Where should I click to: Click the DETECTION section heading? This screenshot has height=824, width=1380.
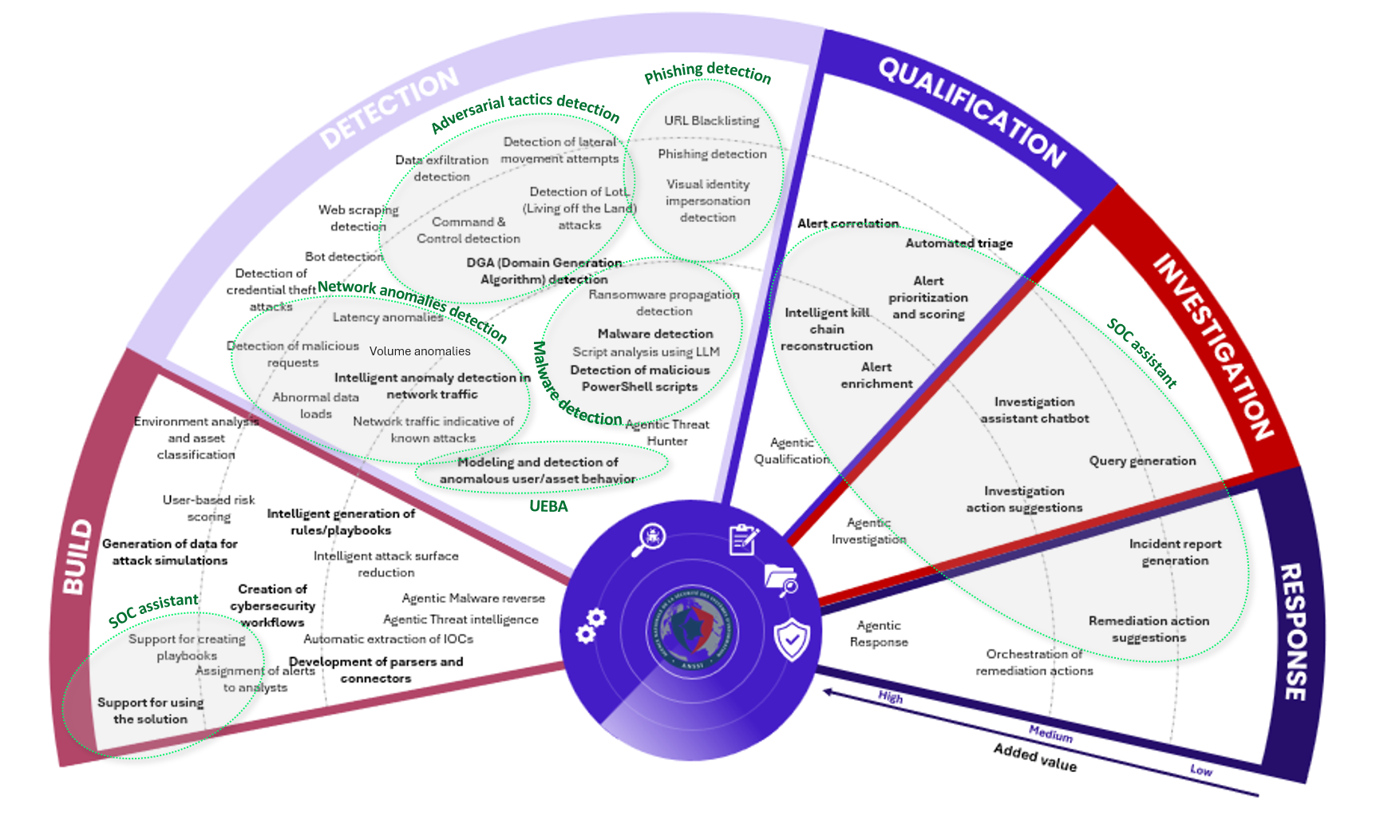tap(389, 108)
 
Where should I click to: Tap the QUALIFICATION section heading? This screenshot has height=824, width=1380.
tap(971, 112)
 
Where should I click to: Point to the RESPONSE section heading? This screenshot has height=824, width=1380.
tap(1295, 632)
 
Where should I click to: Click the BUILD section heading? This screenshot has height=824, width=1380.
tap(77, 557)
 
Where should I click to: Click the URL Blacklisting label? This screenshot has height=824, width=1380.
tap(711, 121)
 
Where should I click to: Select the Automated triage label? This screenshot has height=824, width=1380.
tap(959, 243)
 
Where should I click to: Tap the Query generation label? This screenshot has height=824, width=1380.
tap(1142, 461)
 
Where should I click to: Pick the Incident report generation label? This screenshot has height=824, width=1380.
tap(1175, 552)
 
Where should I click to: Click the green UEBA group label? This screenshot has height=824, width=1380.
tap(548, 506)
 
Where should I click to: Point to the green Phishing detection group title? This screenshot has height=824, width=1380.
tap(707, 73)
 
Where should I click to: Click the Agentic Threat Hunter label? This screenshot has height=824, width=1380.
tap(667, 433)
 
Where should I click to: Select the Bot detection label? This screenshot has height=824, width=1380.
tap(344, 256)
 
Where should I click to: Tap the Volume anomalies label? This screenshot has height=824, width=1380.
tap(420, 351)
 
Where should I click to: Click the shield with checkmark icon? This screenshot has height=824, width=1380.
tap(792, 639)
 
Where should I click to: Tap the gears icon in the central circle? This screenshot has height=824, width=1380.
tap(591, 625)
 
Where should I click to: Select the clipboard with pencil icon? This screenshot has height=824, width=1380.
tap(743, 539)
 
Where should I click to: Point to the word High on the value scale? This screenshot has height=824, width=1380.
tap(890, 697)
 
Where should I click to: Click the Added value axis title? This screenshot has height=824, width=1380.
tap(1034, 758)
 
